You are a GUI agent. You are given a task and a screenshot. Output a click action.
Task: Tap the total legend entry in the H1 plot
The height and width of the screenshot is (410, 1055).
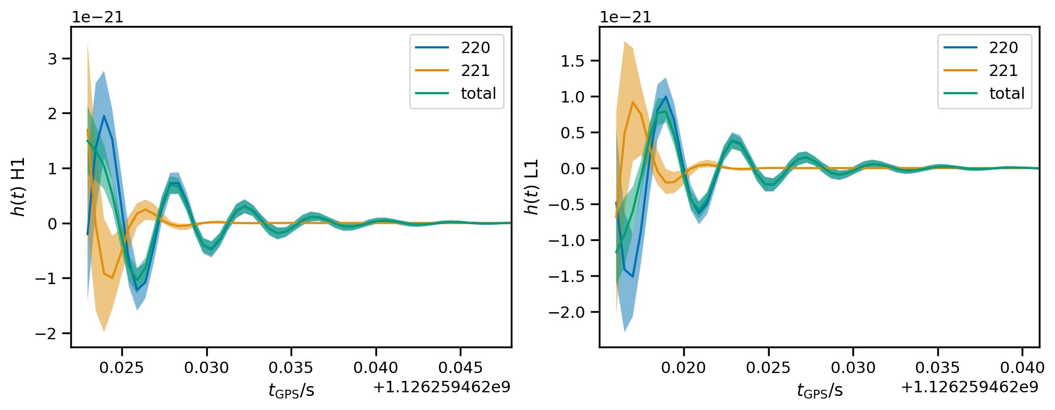[x=456, y=93]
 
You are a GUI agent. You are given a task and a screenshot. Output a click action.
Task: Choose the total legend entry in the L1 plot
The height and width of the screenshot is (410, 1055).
[x=984, y=93]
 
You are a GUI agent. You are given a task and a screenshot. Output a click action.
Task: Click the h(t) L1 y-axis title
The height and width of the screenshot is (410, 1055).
[x=531, y=187]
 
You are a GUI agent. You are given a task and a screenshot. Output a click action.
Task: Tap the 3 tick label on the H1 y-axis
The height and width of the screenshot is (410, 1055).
[x=53, y=58]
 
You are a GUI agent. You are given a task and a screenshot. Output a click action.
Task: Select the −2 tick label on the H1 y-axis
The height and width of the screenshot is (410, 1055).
[x=46, y=334]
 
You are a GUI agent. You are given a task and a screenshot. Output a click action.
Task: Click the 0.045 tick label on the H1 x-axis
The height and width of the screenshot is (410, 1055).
[x=460, y=367]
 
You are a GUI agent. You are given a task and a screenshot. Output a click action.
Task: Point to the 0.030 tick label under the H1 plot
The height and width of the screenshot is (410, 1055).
[x=207, y=367]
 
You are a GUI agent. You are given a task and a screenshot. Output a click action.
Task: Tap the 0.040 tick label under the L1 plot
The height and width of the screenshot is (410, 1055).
[x=1022, y=367]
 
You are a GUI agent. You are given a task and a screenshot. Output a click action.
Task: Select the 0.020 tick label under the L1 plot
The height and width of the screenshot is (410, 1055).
[x=684, y=367]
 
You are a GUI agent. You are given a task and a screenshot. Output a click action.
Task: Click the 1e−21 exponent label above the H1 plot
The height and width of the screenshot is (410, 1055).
[x=97, y=17]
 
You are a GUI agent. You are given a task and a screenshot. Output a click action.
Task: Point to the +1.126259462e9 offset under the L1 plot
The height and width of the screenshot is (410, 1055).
[x=970, y=387]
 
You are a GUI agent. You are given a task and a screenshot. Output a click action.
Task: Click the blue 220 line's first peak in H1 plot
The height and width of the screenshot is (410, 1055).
[x=104, y=116]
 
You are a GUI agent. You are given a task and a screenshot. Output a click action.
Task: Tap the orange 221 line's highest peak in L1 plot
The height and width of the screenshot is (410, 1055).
[x=633, y=102]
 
